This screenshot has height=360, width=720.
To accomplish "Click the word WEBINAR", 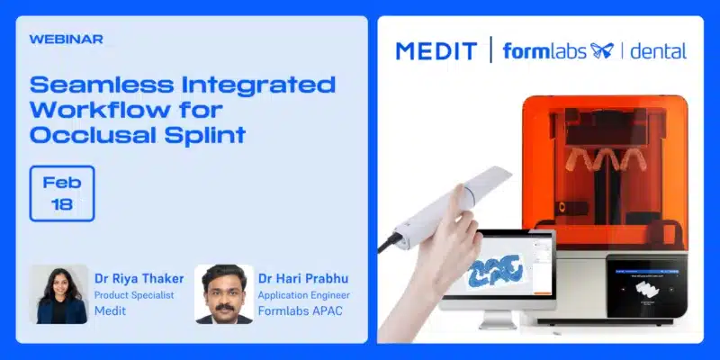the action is click(x=66, y=40).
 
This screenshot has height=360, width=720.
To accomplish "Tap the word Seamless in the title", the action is click(x=102, y=85).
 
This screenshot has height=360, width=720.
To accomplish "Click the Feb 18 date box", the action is click(x=62, y=193).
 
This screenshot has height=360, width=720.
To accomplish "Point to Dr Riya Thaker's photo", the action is click(x=58, y=294).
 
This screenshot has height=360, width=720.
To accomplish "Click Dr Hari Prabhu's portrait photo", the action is click(x=223, y=294).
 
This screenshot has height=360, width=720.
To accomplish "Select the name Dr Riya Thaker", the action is click(x=139, y=279).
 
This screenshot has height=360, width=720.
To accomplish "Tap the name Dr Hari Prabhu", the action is click(x=303, y=279).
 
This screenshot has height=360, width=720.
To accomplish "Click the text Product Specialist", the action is click(x=134, y=295).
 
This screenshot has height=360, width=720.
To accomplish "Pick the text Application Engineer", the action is click(x=303, y=295).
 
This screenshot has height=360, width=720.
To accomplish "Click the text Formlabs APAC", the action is click(x=301, y=310).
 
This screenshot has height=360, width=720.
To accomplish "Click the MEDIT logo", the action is click(x=436, y=51).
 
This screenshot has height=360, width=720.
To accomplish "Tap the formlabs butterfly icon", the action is click(x=602, y=50).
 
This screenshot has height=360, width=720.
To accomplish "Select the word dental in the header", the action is click(x=659, y=50).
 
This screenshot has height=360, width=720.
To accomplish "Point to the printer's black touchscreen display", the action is click(x=646, y=286).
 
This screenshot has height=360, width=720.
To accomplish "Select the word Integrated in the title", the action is click(x=259, y=85).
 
